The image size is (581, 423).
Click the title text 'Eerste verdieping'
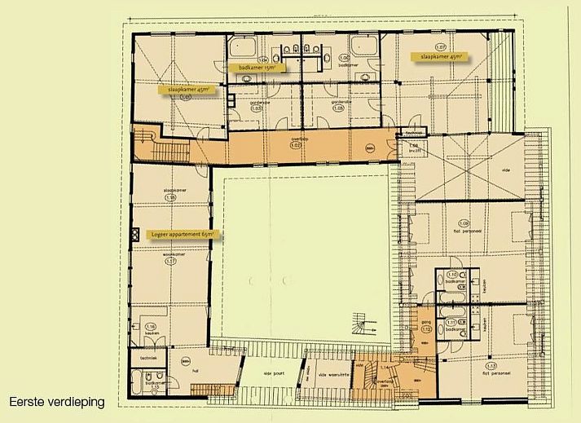click(57, 402)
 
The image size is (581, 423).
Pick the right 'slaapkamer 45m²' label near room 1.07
click(438, 57)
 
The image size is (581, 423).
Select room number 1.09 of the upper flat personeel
click(464, 223)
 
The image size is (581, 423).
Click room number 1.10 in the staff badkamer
click(453, 275)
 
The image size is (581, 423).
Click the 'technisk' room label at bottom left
click(147, 357)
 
